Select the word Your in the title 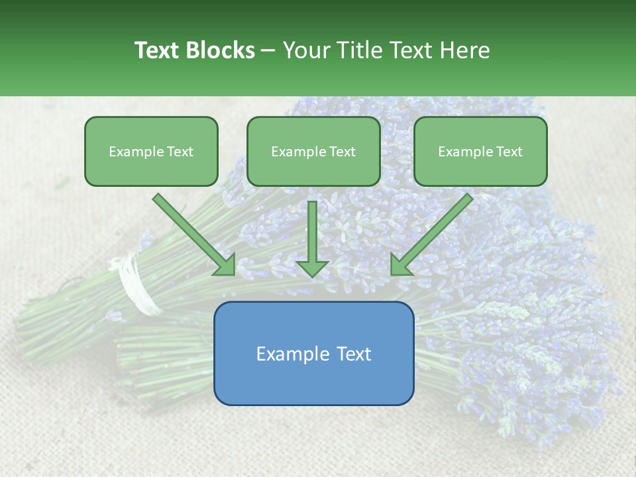(305, 50)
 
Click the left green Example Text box (151, 152)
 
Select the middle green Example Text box (313, 152)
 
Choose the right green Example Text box (480, 152)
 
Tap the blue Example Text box (313, 354)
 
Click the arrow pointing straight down (312, 238)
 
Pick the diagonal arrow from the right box (431, 235)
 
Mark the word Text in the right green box (509, 152)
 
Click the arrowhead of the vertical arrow (312, 268)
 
